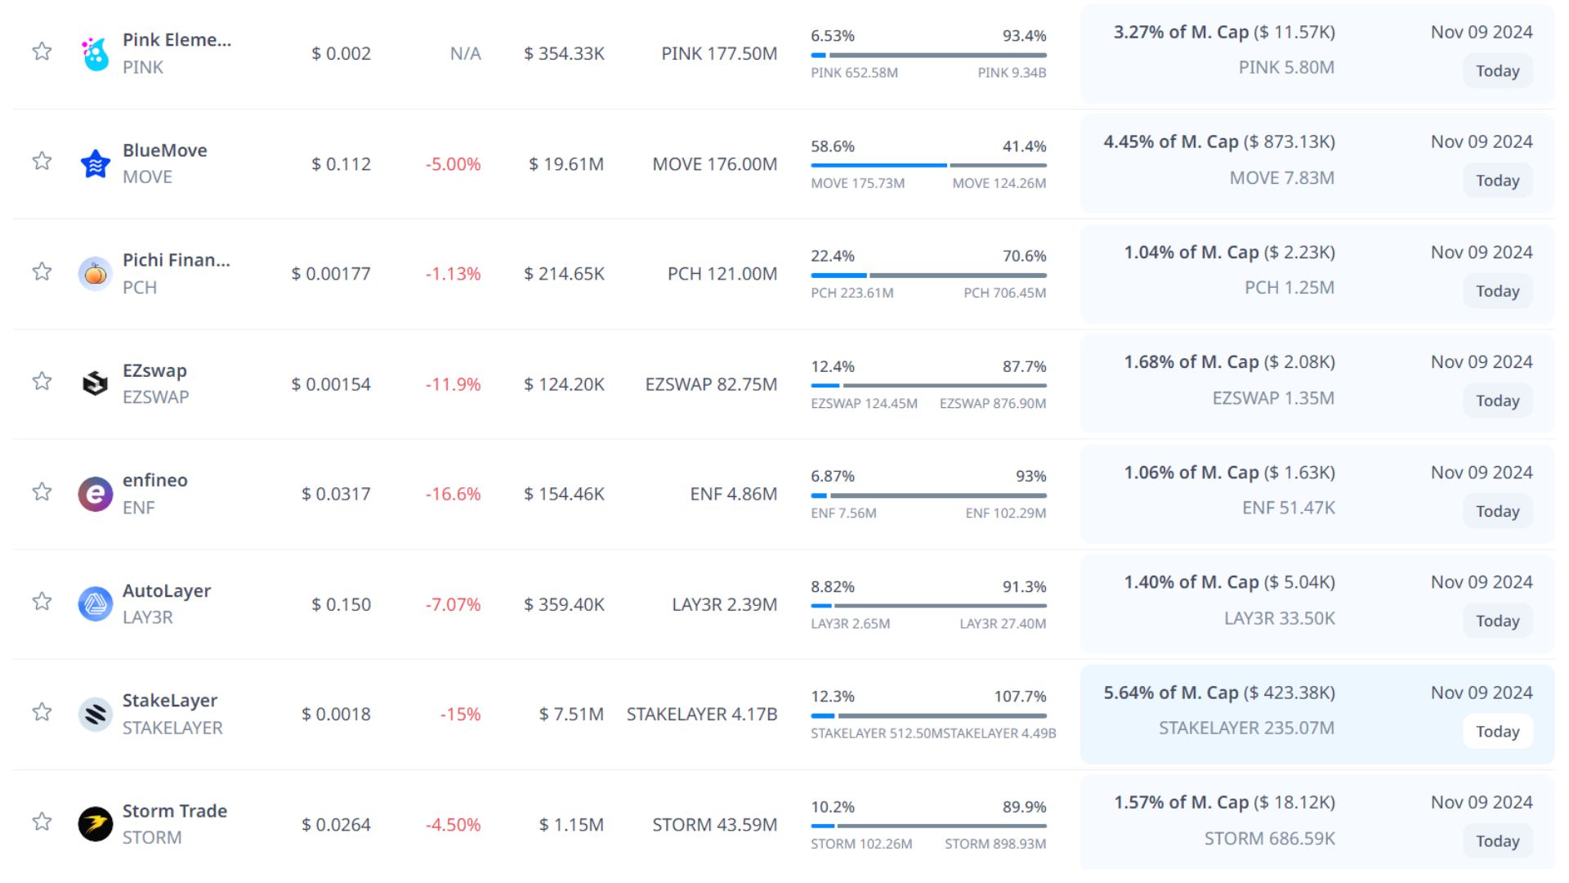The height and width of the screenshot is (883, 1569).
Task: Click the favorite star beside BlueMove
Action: coord(42,161)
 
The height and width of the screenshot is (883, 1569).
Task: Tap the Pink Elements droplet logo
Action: coord(96,54)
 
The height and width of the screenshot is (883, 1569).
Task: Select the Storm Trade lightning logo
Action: coord(96,824)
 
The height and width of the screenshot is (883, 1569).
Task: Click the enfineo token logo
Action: coord(96,494)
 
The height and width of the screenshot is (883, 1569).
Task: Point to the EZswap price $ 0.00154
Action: coord(331,384)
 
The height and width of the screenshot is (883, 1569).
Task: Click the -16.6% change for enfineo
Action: coord(453,494)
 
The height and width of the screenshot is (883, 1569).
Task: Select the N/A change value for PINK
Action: coord(465,54)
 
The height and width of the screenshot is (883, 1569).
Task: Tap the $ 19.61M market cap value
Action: coord(565,164)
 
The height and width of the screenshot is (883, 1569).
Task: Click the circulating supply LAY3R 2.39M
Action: coord(724,604)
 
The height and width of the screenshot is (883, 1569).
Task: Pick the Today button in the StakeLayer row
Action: coord(1497,732)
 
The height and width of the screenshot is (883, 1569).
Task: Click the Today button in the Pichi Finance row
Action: coord(1497,291)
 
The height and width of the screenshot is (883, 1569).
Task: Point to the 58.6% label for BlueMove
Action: coord(832,146)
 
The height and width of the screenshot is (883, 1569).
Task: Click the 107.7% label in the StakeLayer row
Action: coord(1020,697)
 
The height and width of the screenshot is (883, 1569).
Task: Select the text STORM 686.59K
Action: coord(1269,838)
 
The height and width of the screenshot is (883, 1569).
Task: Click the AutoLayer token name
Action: coord(167,590)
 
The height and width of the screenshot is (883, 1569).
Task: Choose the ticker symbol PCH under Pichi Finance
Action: coord(140,288)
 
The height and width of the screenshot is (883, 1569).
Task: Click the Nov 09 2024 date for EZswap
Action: coord(1481,361)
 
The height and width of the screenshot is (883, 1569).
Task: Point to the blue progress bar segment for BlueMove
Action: coord(878,165)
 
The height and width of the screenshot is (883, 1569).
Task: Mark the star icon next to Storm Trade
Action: coord(42,822)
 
